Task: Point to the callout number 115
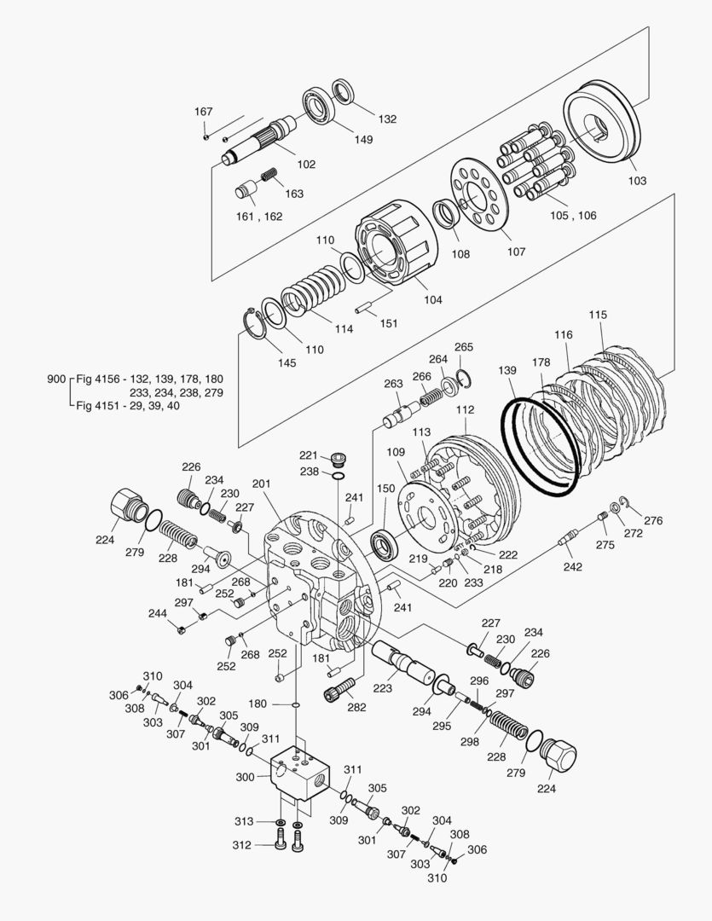click(x=599, y=315)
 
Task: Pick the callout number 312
click(x=242, y=845)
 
